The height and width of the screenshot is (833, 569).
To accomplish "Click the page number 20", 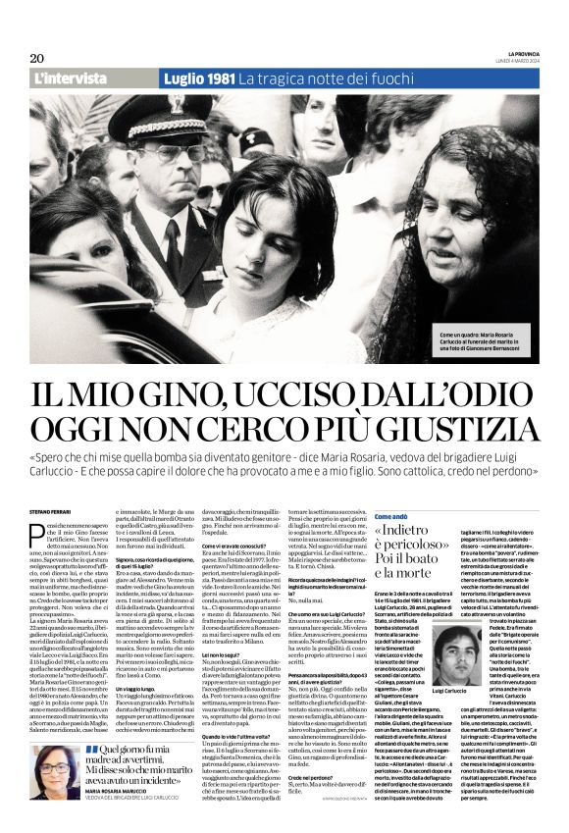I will [37, 58].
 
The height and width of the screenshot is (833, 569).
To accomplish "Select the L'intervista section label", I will [70, 78].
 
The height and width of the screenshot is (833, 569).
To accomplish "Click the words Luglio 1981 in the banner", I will [199, 78].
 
